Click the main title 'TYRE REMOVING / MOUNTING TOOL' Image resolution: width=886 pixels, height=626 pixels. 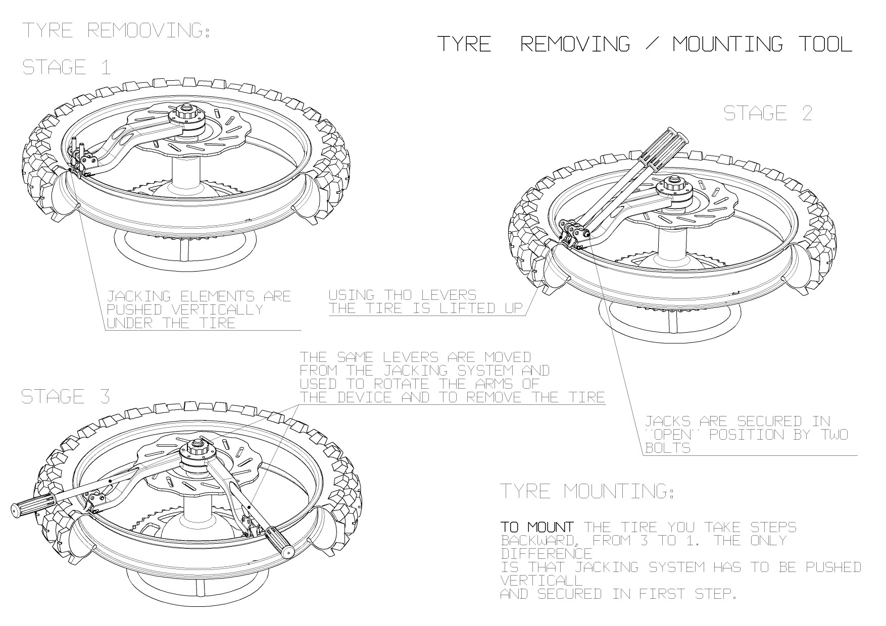[x=645, y=44]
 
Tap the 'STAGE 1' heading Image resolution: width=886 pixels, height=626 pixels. [x=66, y=67]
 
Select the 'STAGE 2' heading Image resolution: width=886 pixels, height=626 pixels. [x=768, y=113]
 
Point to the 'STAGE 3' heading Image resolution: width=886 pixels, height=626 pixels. [x=66, y=396]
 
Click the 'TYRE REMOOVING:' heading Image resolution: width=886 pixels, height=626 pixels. [x=116, y=30]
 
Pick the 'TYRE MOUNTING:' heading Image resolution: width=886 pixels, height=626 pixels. [x=587, y=491]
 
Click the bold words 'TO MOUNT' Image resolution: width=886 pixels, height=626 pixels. [x=537, y=528]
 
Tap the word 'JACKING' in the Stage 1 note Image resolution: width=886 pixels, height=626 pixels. [x=138, y=296]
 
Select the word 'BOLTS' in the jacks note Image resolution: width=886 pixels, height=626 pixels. [x=668, y=448]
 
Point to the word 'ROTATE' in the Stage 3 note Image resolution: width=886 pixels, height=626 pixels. [x=400, y=384]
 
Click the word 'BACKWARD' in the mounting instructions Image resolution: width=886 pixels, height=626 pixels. [x=537, y=541]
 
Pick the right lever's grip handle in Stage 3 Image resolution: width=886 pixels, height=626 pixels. [x=280, y=541]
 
